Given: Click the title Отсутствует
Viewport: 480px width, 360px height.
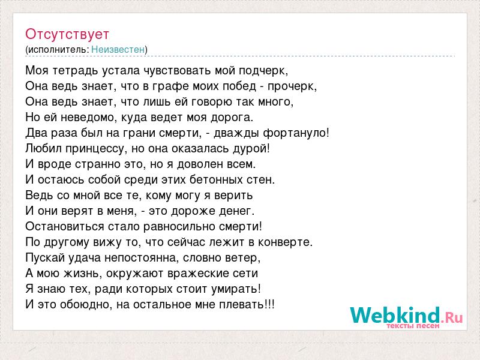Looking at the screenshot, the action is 67,34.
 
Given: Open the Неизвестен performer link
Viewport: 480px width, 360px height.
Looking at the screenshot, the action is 118,49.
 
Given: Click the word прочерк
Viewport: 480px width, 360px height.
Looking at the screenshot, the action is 291,86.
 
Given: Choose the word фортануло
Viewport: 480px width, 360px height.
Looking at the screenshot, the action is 294,133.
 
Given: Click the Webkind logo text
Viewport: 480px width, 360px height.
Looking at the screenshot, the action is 407,316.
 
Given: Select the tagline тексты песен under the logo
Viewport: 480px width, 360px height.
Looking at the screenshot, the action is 413,326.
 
